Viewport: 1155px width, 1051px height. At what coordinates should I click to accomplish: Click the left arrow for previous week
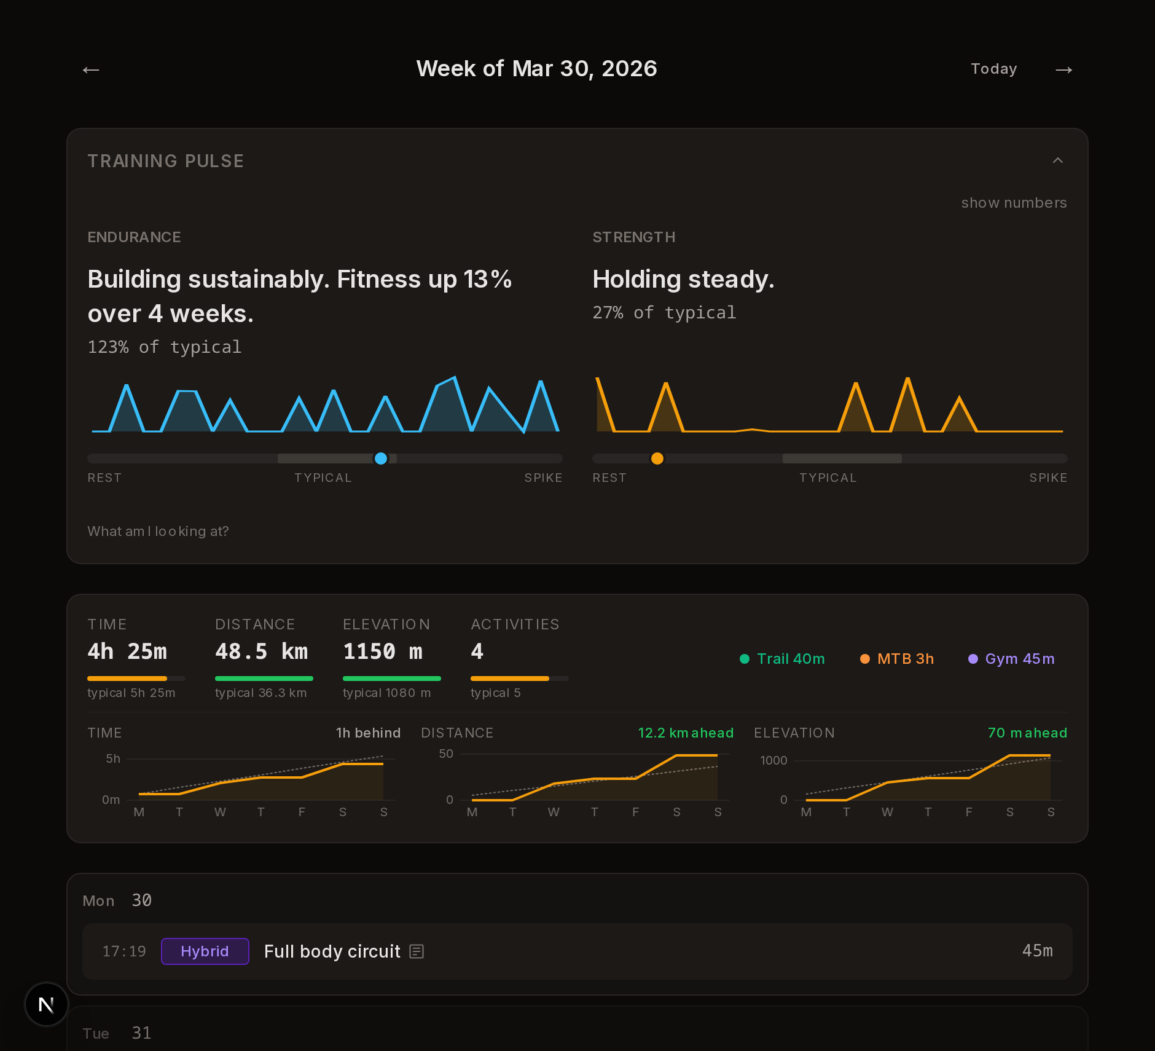[x=91, y=70]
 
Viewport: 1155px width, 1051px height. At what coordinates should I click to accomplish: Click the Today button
[x=993, y=69]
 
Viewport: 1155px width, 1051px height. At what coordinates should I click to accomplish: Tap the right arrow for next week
[x=1063, y=70]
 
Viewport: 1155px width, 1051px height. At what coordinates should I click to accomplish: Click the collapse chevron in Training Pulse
[x=1057, y=160]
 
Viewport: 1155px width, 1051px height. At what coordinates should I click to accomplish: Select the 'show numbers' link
[x=1014, y=203]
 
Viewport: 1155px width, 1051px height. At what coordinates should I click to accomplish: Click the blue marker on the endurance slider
[x=381, y=459]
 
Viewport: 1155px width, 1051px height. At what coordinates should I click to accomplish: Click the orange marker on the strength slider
[x=657, y=459]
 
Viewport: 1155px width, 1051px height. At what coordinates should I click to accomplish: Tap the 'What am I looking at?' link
[x=158, y=531]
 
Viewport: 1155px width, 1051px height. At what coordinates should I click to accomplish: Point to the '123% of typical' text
[x=165, y=347]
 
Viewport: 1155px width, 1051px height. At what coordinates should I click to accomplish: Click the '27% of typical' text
[x=664, y=313]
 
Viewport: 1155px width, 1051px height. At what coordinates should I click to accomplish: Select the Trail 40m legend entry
[x=782, y=659]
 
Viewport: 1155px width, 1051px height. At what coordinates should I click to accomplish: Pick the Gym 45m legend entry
[x=1011, y=659]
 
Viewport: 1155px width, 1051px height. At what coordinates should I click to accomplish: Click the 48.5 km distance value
[x=261, y=651]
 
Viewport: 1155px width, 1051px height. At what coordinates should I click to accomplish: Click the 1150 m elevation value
[x=382, y=651]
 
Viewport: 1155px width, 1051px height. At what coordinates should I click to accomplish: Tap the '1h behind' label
[x=368, y=733]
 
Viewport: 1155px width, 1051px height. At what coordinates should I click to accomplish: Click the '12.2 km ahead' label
[x=686, y=733]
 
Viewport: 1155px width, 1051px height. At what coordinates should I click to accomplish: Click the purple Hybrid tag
[x=205, y=951]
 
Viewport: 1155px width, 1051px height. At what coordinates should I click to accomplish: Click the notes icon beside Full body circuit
[x=417, y=951]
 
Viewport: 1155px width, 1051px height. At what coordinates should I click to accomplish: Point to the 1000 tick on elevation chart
[x=773, y=761]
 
